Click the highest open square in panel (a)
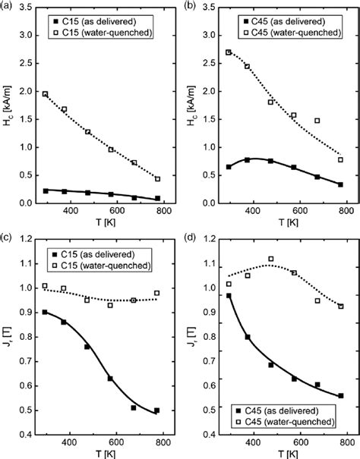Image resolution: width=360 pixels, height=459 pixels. (46, 94)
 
